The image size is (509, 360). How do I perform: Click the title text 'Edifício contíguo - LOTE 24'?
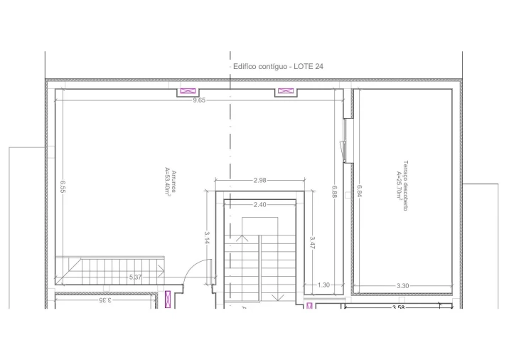279,66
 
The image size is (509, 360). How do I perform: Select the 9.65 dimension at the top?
199,100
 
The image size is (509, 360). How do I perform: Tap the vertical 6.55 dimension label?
63,186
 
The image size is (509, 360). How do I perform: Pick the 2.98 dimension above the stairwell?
259,181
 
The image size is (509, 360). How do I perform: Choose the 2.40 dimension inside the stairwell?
260,205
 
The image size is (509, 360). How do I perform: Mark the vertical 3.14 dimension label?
207,238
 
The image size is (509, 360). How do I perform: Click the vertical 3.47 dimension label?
311,243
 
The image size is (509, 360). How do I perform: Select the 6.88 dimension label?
335,192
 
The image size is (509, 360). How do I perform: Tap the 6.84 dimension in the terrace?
360,192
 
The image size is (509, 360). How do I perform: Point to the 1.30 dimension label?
323,285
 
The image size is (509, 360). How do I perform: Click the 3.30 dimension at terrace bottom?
402,285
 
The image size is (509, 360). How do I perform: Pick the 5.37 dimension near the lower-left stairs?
135,277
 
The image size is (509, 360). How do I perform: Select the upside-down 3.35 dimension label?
105,300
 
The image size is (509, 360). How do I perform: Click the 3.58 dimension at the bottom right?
399,307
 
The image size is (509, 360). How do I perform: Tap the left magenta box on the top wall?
188,92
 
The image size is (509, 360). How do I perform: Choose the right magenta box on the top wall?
285,92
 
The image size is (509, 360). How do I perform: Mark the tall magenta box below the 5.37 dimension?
168,300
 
